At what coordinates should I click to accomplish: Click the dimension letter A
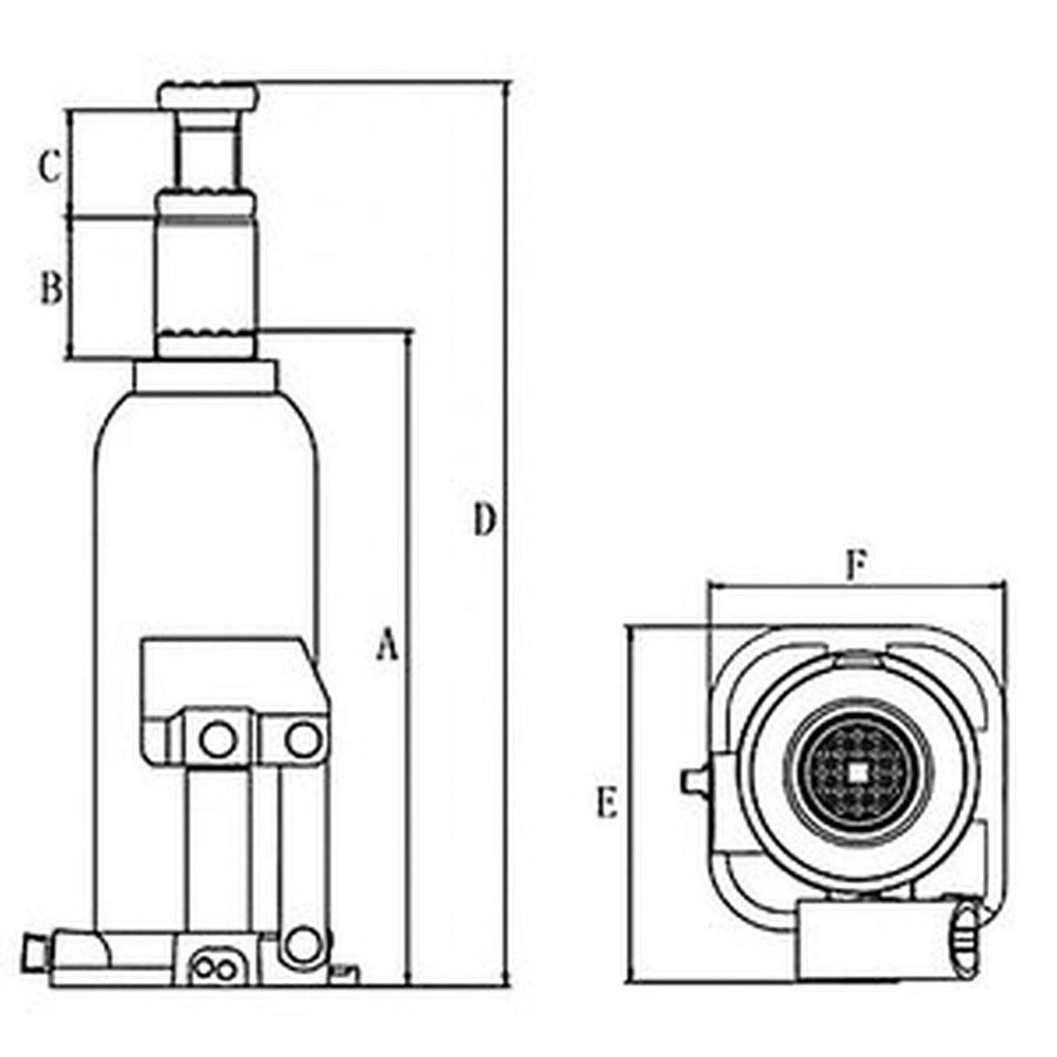click(x=387, y=647)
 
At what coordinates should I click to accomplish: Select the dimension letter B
click(x=51, y=287)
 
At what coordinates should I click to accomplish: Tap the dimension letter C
click(x=50, y=166)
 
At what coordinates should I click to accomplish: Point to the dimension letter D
click(x=484, y=520)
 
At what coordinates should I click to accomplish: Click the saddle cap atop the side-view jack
click(x=207, y=94)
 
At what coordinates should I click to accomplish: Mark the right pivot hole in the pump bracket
click(x=301, y=740)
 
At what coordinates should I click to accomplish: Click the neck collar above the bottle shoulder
click(x=206, y=377)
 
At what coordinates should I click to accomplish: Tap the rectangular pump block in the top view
click(x=871, y=942)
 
